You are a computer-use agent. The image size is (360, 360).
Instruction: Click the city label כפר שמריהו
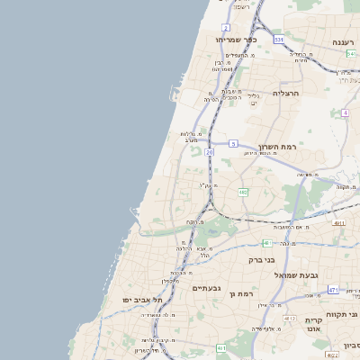tap(236, 40)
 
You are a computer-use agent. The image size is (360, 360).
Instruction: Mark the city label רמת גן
tap(244, 294)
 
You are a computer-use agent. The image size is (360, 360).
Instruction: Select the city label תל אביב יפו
tap(141, 300)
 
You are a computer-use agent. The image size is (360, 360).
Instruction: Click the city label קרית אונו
tap(313, 325)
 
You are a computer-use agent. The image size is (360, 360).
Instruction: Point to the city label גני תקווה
tap(351, 316)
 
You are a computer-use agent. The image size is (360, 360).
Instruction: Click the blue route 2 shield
tap(225, 28)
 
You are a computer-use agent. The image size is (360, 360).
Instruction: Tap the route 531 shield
tap(279, 40)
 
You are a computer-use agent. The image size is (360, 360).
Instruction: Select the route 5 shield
tap(233, 144)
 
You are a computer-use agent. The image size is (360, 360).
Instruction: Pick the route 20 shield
tap(209, 153)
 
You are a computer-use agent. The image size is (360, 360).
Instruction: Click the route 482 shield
tap(243, 192)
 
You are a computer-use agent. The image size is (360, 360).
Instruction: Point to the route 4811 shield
tap(338, 222)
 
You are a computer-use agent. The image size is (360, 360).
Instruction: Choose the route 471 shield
tap(333, 290)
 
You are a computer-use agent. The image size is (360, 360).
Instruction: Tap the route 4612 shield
tap(290, 319)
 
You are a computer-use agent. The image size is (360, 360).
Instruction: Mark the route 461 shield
tap(220, 347)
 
